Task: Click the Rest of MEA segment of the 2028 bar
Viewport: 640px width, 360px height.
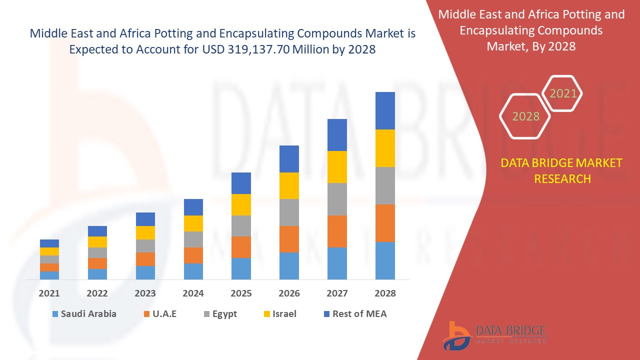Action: pyautogui.click(x=385, y=110)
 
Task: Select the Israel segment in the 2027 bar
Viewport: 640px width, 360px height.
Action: pyautogui.click(x=337, y=167)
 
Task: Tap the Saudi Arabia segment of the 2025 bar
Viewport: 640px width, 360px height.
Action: pyautogui.click(x=241, y=268)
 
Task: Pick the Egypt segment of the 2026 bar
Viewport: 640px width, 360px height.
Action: pyautogui.click(x=289, y=212)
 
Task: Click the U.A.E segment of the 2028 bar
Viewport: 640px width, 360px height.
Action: pyautogui.click(x=385, y=223)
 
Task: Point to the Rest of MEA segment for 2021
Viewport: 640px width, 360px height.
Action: pyautogui.click(x=49, y=243)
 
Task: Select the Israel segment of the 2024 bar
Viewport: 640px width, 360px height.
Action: pyautogui.click(x=193, y=223)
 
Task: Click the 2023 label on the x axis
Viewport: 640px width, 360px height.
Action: pyautogui.click(x=145, y=293)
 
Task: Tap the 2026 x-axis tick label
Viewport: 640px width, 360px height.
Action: pyautogui.click(x=289, y=293)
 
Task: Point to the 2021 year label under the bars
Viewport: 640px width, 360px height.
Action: pyautogui.click(x=49, y=293)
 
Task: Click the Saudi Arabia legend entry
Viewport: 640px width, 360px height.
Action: pyautogui.click(x=84, y=314)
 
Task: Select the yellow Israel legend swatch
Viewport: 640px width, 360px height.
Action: pyautogui.click(x=267, y=314)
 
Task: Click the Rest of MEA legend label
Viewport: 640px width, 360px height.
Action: pyautogui.click(x=359, y=314)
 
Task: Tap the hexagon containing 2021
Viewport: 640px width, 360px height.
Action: pyautogui.click(x=563, y=93)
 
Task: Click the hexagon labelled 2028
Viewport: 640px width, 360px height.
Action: pyautogui.click(x=525, y=116)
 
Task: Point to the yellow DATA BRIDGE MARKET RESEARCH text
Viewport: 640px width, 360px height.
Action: pyautogui.click(x=562, y=170)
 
